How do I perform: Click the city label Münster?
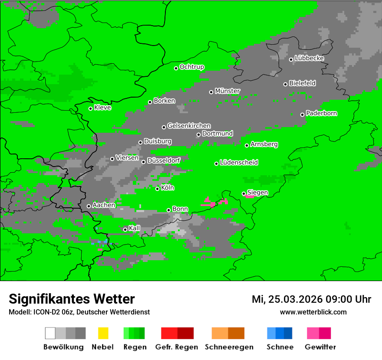[x=227, y=91]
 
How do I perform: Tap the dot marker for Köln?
[x=158, y=188]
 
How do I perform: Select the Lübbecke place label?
[x=309, y=58]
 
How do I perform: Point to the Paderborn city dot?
[x=303, y=115]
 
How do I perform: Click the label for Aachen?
[x=104, y=205]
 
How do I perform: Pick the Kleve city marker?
[x=91, y=108]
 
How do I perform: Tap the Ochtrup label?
[x=192, y=67]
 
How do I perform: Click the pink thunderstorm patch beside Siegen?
[x=250, y=196]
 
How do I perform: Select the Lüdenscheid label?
[x=239, y=163]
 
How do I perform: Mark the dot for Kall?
[x=125, y=229]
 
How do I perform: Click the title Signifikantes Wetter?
[x=72, y=299]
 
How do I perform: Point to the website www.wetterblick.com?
[x=313, y=312]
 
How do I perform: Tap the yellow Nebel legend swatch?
[x=103, y=333]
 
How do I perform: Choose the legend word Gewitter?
[x=320, y=347]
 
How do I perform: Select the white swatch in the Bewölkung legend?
[x=50, y=333]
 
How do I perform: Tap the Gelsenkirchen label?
[x=189, y=126]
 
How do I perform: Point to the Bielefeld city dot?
[x=286, y=84]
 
